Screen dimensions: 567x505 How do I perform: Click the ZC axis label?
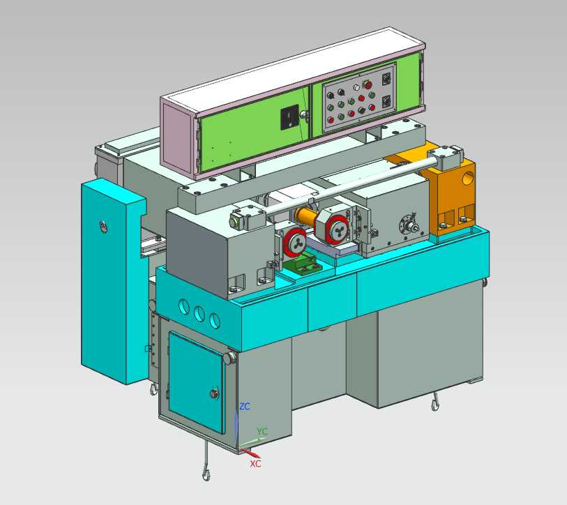245,407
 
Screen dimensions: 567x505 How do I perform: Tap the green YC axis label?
262,431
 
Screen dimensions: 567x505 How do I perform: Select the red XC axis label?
255,464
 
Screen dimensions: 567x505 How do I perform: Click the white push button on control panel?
356,88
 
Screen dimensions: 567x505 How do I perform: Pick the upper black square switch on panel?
386,79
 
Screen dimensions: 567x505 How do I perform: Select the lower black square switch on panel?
386,102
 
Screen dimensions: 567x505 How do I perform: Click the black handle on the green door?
290,117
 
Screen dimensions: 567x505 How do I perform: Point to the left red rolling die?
295,241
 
